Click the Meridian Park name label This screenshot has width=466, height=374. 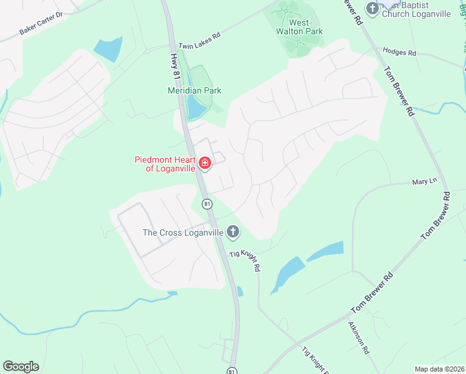point(194,90)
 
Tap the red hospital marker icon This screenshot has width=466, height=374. point(205,164)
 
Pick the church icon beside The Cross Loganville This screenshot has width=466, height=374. point(232,233)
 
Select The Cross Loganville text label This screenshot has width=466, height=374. point(183,233)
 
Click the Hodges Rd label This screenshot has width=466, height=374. point(399,52)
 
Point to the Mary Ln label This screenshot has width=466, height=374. point(424,182)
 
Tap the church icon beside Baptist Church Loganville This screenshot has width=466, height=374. point(373,8)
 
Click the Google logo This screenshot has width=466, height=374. point(21,367)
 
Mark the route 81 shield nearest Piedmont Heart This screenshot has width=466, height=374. point(207,203)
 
